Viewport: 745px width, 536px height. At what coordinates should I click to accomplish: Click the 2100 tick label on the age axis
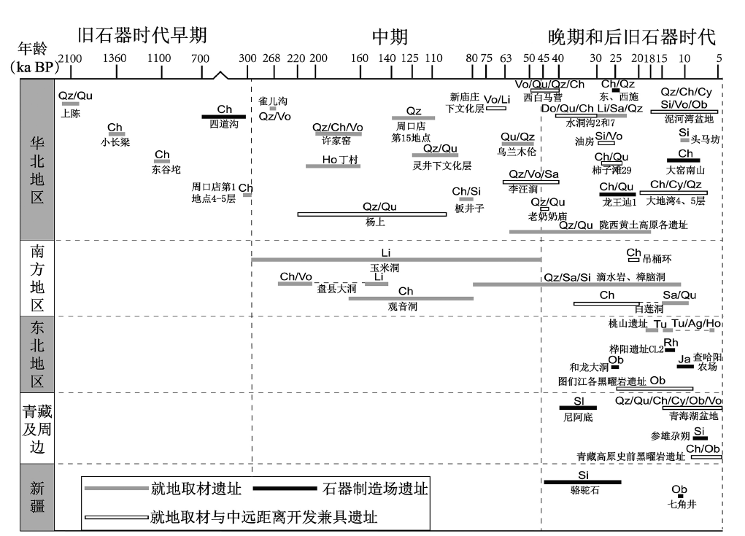pos(70,59)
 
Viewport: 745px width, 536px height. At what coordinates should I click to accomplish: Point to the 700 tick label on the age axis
pos(201,59)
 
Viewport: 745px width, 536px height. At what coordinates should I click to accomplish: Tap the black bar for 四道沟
pos(224,117)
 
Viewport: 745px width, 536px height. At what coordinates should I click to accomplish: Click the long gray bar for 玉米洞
pos(395,259)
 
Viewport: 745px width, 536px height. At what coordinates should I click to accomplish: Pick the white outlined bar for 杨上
pos(371,214)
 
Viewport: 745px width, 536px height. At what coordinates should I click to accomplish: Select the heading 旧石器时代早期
pos(143,36)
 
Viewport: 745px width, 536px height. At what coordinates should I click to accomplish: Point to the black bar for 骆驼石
pos(582,482)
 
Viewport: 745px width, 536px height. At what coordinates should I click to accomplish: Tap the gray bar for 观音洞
pos(411,298)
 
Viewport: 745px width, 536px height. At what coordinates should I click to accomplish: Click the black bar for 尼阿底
pos(578,408)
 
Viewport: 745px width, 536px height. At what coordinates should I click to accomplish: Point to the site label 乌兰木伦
pos(517,152)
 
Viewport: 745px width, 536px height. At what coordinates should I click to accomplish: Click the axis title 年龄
pos(33,48)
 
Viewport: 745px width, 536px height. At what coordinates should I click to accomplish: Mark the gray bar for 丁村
pos(333,166)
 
